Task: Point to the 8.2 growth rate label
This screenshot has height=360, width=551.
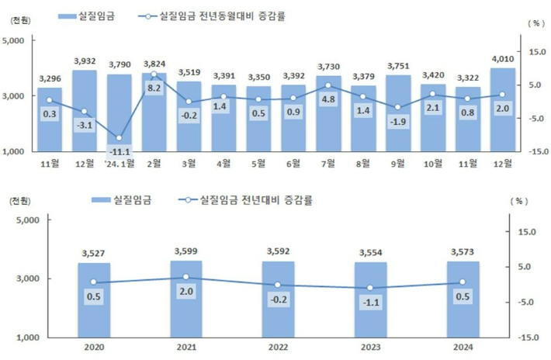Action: [154, 88]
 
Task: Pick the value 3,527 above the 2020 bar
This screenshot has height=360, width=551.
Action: [94, 252]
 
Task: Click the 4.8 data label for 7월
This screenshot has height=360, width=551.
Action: [328, 99]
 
